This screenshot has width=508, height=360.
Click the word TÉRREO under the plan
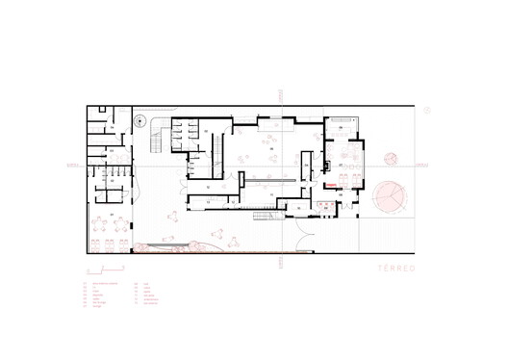(x=394, y=267)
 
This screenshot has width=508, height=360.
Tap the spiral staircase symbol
(x=141, y=122)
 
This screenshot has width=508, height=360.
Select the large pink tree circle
(x=390, y=196)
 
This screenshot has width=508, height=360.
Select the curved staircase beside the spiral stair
(x=154, y=144)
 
